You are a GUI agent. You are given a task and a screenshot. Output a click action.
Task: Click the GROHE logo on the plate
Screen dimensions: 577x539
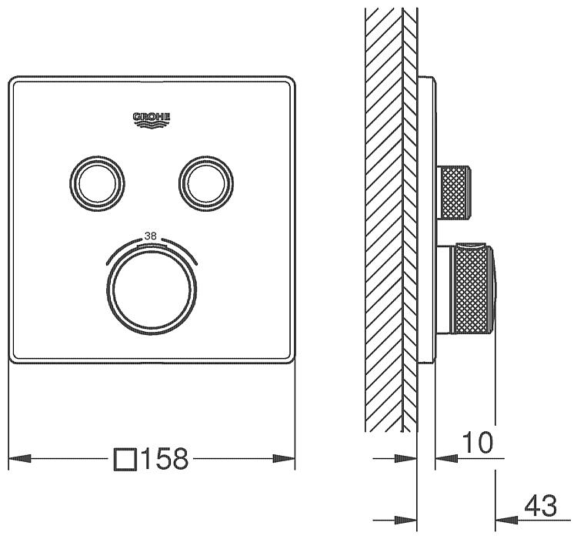click(152, 120)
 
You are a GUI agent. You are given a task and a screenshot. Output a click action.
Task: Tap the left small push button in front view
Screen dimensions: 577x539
click(97, 183)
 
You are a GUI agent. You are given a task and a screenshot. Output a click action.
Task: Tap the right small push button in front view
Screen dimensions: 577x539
click(206, 183)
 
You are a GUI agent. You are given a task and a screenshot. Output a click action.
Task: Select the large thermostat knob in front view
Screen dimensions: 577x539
click(152, 290)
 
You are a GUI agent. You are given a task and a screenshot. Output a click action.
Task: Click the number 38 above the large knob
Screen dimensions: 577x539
click(151, 236)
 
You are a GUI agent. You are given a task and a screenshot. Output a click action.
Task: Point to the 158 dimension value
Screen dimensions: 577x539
click(165, 459)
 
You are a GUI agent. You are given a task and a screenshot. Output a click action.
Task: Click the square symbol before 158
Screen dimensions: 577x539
click(125, 460)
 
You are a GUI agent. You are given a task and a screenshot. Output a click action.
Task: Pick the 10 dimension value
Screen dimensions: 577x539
click(477, 443)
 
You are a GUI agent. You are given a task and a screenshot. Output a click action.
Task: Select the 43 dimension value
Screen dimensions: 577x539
click(541, 506)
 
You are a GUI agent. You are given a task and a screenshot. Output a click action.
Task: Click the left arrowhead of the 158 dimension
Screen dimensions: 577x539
click(19, 459)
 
